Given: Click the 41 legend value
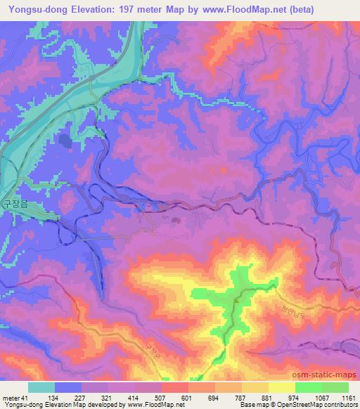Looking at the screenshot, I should pyautogui.click(x=27, y=397).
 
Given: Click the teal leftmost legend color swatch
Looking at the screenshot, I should pyautogui.click(x=41, y=387).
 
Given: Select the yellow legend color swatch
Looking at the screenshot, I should pyautogui.click(x=281, y=387).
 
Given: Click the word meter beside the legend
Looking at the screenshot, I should pyautogui.click(x=11, y=397).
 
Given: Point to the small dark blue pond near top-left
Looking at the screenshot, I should pyautogui.click(x=65, y=141).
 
